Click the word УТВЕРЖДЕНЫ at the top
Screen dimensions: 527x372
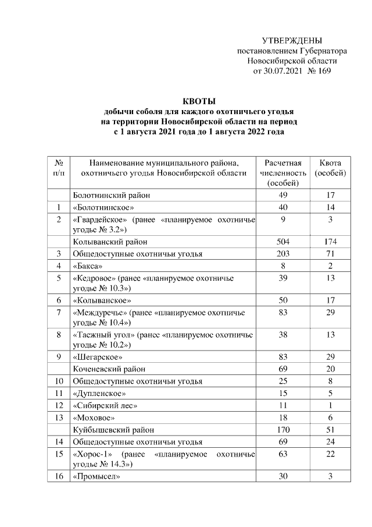(292, 40)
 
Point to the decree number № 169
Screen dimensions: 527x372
(319, 71)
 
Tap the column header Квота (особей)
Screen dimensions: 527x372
(330, 168)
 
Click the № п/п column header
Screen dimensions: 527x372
(59, 168)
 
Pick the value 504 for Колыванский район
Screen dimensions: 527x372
(282, 241)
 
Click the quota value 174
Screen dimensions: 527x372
(330, 241)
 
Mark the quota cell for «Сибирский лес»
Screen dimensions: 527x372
(330, 405)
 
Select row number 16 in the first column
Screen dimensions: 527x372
(59, 477)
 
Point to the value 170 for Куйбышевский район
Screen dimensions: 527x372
(282, 430)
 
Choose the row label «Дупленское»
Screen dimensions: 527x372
(99, 393)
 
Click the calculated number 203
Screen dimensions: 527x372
(282, 253)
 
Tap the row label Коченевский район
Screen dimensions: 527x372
(109, 369)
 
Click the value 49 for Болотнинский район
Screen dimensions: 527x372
(282, 195)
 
